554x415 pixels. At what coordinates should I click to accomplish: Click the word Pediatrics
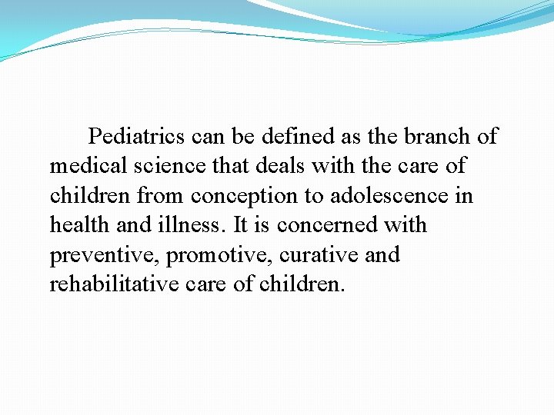[x=137, y=137]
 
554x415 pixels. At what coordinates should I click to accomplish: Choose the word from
[x=161, y=196]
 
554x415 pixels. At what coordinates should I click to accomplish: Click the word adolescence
[x=391, y=196]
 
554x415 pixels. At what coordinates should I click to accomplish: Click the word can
[x=207, y=137]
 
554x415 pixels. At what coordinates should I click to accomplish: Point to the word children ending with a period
[x=303, y=284]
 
